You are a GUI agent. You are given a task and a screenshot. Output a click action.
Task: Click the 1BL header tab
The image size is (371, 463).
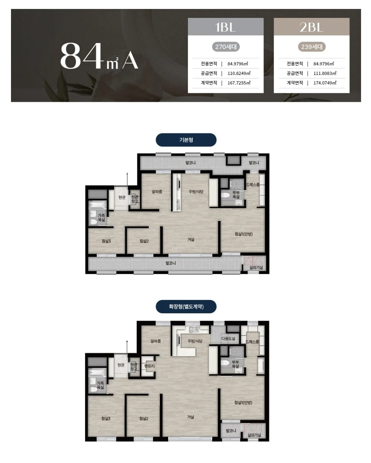point(226,27)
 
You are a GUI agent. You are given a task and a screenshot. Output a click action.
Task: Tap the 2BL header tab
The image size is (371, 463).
point(312,27)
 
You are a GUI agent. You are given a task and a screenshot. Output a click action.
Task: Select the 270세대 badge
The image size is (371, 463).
point(226,47)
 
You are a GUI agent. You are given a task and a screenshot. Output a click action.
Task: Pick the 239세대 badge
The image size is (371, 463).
point(312,47)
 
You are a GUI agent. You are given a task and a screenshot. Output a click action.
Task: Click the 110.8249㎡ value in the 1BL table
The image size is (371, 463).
point(239,73)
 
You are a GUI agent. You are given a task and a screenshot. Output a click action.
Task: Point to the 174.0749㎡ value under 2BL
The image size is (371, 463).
point(325,83)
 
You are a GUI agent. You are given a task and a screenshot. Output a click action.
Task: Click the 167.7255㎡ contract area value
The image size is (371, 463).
point(239,83)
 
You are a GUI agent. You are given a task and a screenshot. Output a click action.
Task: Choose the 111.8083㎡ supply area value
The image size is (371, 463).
point(325,73)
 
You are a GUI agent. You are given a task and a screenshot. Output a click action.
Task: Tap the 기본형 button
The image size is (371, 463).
point(186,140)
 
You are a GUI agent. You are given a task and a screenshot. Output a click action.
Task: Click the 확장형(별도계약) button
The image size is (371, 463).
point(186,306)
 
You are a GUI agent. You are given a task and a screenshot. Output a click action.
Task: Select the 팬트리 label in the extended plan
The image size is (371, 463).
point(149,366)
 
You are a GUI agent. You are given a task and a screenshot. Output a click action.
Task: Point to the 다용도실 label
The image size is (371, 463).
point(228,338)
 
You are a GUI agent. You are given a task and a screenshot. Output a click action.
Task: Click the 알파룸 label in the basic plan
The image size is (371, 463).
point(157,192)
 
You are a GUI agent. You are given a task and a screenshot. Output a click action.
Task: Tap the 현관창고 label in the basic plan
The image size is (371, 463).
point(135,199)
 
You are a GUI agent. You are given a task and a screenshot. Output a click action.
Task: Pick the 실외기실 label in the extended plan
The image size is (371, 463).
point(254,435)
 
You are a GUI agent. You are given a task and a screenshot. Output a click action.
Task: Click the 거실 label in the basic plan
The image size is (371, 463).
point(191,239)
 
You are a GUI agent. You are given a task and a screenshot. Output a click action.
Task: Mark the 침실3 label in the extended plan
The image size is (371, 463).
point(106,419)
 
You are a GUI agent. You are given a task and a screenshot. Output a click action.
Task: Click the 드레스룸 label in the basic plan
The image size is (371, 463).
point(252,185)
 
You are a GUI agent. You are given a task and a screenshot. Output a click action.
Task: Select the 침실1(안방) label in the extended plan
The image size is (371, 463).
point(243,402)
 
